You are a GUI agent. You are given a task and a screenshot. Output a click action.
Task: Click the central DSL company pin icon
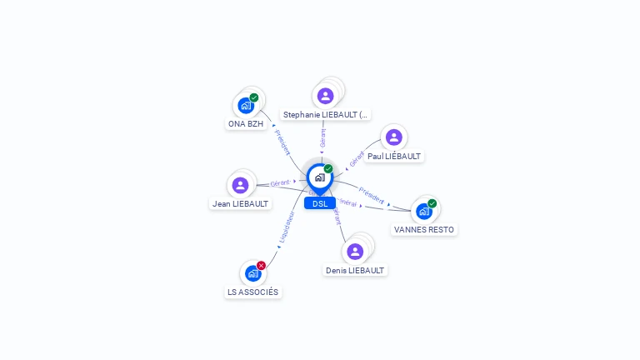pyautogui.click(x=319, y=177)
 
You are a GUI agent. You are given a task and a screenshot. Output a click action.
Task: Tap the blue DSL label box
pyautogui.click(x=320, y=203)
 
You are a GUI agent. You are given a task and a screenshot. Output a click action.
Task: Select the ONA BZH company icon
pyautogui.click(x=246, y=105)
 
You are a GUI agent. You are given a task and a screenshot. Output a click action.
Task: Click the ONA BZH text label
pyautogui.click(x=246, y=124)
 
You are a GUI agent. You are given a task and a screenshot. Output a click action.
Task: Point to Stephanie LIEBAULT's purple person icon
pyautogui.click(x=325, y=96)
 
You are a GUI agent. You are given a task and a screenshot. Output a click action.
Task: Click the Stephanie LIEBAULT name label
pyautogui.click(x=325, y=115)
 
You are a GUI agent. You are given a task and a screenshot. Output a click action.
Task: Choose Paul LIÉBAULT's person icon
pyautogui.click(x=394, y=137)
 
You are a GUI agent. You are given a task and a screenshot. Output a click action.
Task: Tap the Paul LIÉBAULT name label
pyautogui.click(x=394, y=157)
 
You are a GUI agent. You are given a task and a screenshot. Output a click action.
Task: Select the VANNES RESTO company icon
pyautogui.click(x=424, y=211)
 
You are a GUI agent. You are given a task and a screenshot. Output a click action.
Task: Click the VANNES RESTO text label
pyautogui.click(x=425, y=230)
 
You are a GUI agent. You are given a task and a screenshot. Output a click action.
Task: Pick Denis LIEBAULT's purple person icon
pyautogui.click(x=355, y=252)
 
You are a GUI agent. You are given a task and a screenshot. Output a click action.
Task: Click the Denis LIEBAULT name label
pyautogui.click(x=355, y=271)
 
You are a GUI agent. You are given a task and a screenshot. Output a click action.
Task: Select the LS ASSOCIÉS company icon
pyautogui.click(x=253, y=273)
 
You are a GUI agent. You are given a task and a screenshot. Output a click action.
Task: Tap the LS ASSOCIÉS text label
pyautogui.click(x=253, y=292)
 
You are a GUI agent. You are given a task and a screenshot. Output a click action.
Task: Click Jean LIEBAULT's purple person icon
pyautogui.click(x=241, y=185)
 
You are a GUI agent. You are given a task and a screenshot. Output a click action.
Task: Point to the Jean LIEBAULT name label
pyautogui.click(x=240, y=204)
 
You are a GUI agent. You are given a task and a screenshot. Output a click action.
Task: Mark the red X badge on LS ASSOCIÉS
pyautogui.click(x=262, y=266)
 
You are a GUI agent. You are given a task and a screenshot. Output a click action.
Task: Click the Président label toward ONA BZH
pyautogui.click(x=282, y=142)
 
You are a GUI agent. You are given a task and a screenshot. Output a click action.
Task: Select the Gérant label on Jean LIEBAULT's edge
pyautogui.click(x=280, y=182)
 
